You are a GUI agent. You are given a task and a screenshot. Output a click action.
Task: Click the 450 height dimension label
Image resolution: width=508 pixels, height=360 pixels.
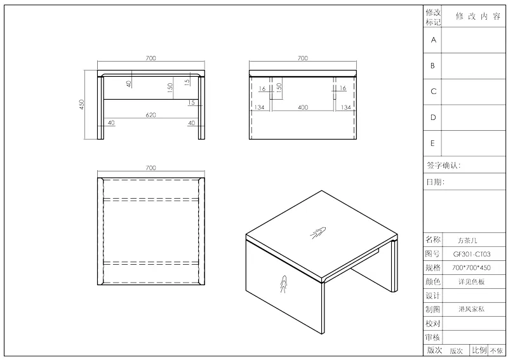tap(81, 104)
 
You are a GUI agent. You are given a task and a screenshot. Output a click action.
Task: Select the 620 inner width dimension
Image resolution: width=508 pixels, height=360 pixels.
tap(150, 115)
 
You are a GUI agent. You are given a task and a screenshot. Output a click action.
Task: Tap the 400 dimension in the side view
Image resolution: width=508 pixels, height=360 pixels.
tap(303, 107)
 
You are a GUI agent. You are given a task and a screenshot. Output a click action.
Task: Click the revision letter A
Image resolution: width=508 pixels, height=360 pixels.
tap(434, 40)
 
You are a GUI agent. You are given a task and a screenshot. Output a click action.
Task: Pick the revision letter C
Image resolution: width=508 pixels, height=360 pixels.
tap(434, 91)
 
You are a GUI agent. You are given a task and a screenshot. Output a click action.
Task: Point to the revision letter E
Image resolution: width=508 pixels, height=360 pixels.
tap(432, 143)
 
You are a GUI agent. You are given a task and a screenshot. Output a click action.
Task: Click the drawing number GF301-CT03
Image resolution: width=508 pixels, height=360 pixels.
tap(471, 254)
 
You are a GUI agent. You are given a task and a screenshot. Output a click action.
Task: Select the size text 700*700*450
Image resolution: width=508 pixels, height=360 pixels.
tap(471, 268)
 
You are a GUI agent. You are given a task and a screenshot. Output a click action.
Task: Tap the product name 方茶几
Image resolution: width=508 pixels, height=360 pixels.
tap(467, 241)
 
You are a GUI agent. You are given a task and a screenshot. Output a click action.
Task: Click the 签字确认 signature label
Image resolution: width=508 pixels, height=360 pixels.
tap(443, 166)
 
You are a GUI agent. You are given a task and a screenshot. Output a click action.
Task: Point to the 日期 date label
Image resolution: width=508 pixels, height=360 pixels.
tap(435, 182)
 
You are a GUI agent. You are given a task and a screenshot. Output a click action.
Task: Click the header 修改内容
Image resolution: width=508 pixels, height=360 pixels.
tap(478, 17)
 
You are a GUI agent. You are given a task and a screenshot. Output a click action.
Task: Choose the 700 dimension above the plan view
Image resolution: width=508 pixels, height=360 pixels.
tap(150, 168)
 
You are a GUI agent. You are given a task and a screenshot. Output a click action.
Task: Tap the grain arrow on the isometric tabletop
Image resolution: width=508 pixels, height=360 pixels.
tap(318, 233)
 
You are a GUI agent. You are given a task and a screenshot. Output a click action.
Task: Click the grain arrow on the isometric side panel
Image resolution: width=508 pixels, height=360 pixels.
tap(283, 284)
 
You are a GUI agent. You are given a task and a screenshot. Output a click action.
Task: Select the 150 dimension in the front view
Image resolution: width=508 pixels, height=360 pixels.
tap(170, 88)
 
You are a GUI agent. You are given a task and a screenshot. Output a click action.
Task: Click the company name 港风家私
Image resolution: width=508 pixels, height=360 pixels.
tap(471, 309)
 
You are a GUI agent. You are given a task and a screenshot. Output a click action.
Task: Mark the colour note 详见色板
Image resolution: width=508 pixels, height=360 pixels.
tap(471, 281)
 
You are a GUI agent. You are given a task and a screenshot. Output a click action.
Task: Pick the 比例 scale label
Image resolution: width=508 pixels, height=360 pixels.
tap(479, 350)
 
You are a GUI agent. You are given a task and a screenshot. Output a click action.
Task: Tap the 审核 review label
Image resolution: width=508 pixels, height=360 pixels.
tap(433, 338)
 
